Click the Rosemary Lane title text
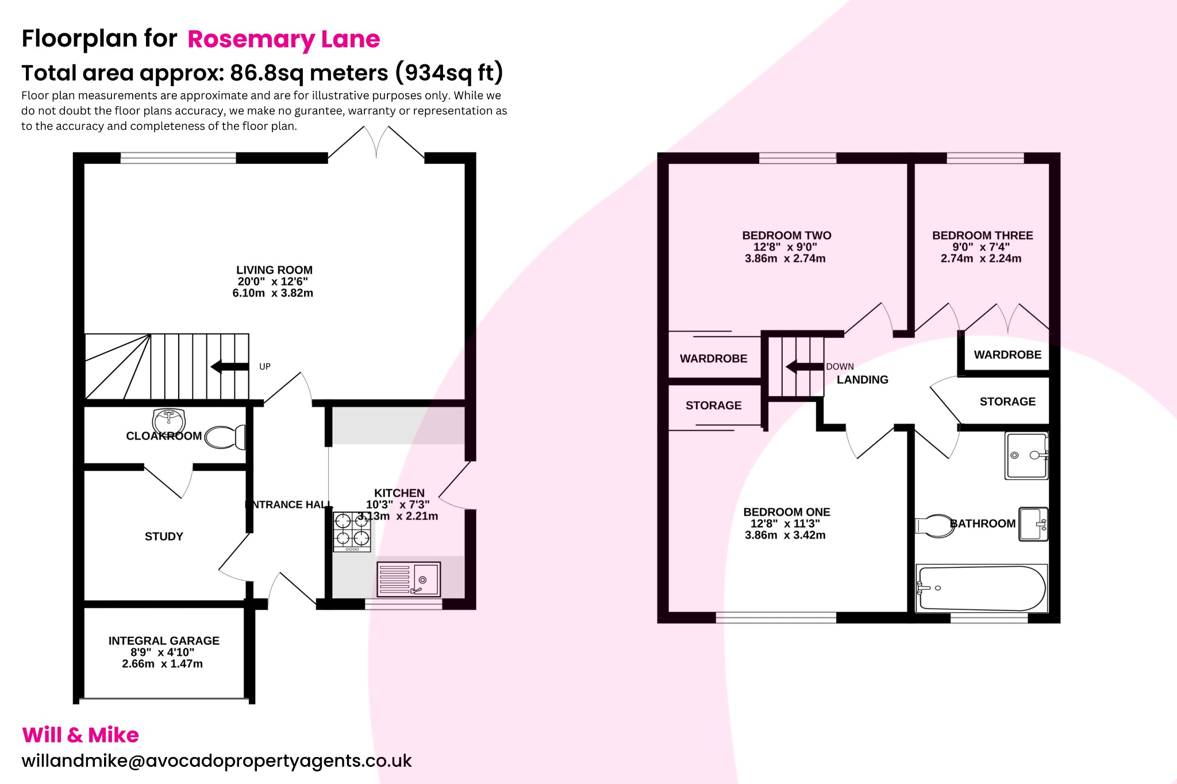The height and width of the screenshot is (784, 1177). point(283,39)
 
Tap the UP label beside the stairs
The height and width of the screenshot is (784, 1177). point(264,367)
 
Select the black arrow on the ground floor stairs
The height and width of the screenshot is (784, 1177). point(229,366)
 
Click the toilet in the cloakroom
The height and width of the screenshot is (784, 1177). point(225,437)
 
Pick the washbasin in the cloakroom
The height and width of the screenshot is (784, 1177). point(168,419)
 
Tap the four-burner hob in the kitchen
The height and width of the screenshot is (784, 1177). point(352,531)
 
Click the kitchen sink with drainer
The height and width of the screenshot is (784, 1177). point(409,579)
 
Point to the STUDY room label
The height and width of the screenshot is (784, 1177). point(164,536)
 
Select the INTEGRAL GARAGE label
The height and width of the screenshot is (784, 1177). point(164,640)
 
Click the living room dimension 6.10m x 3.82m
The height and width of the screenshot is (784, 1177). point(272,293)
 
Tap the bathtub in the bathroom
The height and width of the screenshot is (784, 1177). point(982,588)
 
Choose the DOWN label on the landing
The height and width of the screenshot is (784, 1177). point(840,367)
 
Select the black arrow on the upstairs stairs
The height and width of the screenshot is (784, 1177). point(804,366)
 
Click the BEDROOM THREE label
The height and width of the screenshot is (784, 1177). point(982,235)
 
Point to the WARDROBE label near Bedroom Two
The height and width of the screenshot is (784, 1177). point(713,359)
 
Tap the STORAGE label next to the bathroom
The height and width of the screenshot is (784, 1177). point(1007,401)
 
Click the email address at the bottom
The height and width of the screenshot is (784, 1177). point(217,760)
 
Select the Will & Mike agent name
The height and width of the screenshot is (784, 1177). point(80,735)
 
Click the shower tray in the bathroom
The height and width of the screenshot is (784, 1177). point(1026,455)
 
